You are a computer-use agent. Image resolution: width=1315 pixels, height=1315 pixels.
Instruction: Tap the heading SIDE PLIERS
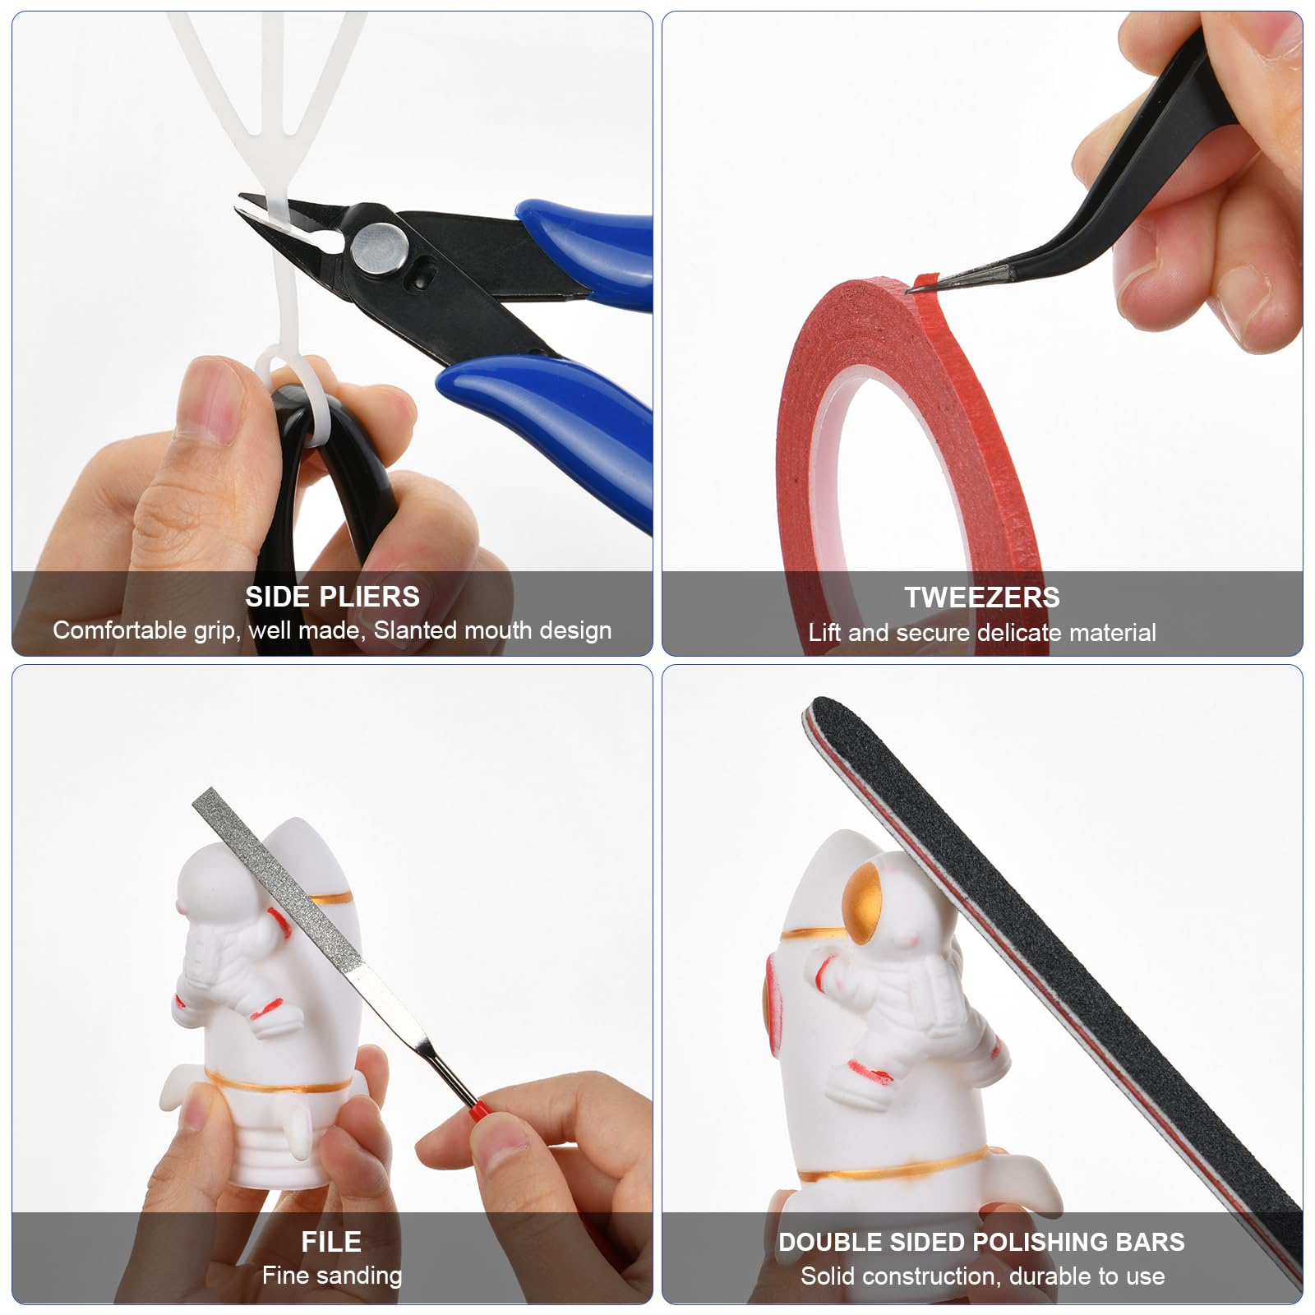click(332, 596)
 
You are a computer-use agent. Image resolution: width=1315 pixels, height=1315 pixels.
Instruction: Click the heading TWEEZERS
click(982, 597)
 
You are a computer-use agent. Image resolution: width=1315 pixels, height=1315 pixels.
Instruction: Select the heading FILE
click(331, 1241)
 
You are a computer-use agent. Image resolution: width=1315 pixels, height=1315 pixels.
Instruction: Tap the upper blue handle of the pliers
click(588, 247)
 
